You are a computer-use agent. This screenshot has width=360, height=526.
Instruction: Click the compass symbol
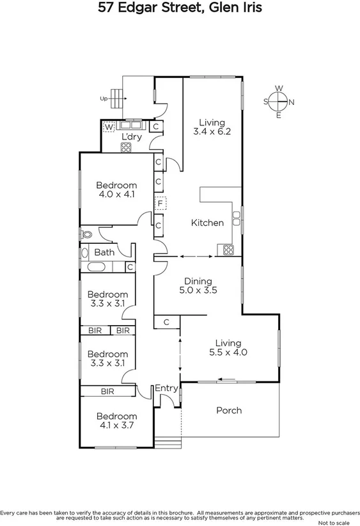click(x=279, y=101)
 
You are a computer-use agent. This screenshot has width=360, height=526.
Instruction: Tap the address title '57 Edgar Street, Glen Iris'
click(x=180, y=9)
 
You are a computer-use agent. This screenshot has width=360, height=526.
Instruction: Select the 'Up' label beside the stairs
click(x=103, y=99)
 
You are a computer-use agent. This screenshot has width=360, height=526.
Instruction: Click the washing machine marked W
click(x=109, y=127)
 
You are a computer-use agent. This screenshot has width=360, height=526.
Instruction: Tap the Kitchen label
click(x=207, y=223)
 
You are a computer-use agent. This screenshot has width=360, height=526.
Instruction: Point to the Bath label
click(x=104, y=252)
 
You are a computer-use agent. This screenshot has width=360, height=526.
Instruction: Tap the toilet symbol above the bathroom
click(x=85, y=234)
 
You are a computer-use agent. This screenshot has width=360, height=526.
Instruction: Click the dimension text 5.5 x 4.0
click(x=228, y=351)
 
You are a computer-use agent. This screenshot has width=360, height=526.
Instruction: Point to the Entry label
click(x=166, y=388)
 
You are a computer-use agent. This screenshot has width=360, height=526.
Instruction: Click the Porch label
click(x=228, y=410)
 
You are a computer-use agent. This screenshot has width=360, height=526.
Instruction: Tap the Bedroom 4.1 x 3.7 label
click(x=116, y=420)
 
